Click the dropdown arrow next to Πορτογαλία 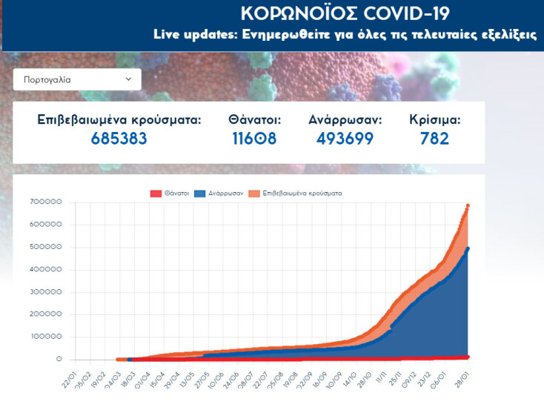pos(128,79)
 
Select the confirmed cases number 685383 pos(119,139)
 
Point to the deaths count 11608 pos(254,139)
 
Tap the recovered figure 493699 pos(345,139)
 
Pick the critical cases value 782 pos(435,139)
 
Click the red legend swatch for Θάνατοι pos(156,194)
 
